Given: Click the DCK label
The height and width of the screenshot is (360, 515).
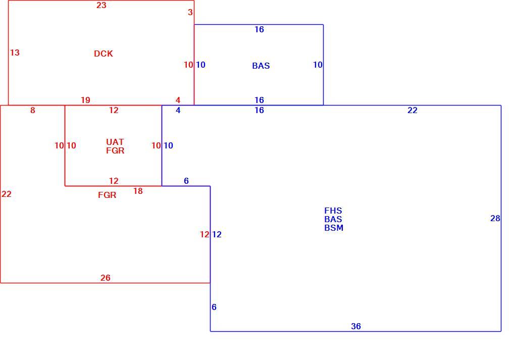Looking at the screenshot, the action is pyautogui.click(x=104, y=54).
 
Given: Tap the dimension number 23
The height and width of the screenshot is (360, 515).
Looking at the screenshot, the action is pyautogui.click(x=101, y=5).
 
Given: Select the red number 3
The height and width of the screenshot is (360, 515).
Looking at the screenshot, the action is pyautogui.click(x=190, y=13).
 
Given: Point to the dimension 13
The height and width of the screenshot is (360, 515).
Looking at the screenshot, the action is pyautogui.click(x=15, y=53).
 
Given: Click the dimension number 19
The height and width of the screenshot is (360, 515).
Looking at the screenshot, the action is pyautogui.click(x=85, y=100).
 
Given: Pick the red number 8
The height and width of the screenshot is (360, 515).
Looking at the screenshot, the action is pyautogui.click(x=32, y=111).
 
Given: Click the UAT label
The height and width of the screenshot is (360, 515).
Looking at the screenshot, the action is pyautogui.click(x=115, y=142).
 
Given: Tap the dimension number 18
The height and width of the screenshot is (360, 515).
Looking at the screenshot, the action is pyautogui.click(x=138, y=191).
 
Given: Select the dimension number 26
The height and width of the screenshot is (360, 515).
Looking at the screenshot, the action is pyautogui.click(x=106, y=278).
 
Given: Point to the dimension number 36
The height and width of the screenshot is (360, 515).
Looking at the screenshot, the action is pyautogui.click(x=356, y=326).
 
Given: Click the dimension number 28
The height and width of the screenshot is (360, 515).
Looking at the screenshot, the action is pyautogui.click(x=495, y=219).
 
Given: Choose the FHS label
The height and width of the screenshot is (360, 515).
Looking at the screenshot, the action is pyautogui.click(x=333, y=211).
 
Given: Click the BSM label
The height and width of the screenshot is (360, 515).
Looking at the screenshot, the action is pyautogui.click(x=334, y=228).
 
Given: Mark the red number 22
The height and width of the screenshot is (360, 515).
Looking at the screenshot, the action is pyautogui.click(x=7, y=194).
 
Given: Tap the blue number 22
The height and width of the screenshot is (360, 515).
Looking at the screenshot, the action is pyautogui.click(x=413, y=111).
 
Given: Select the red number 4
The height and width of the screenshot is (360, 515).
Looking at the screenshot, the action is pyautogui.click(x=178, y=100).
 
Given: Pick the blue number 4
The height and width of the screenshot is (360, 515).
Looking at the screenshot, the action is pyautogui.click(x=178, y=111).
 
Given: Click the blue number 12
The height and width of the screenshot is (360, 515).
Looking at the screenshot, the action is pyautogui.click(x=217, y=234).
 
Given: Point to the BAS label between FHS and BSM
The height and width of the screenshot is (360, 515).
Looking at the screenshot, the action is pyautogui.click(x=333, y=220).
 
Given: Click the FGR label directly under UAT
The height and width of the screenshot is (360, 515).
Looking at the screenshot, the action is pyautogui.click(x=115, y=150).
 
